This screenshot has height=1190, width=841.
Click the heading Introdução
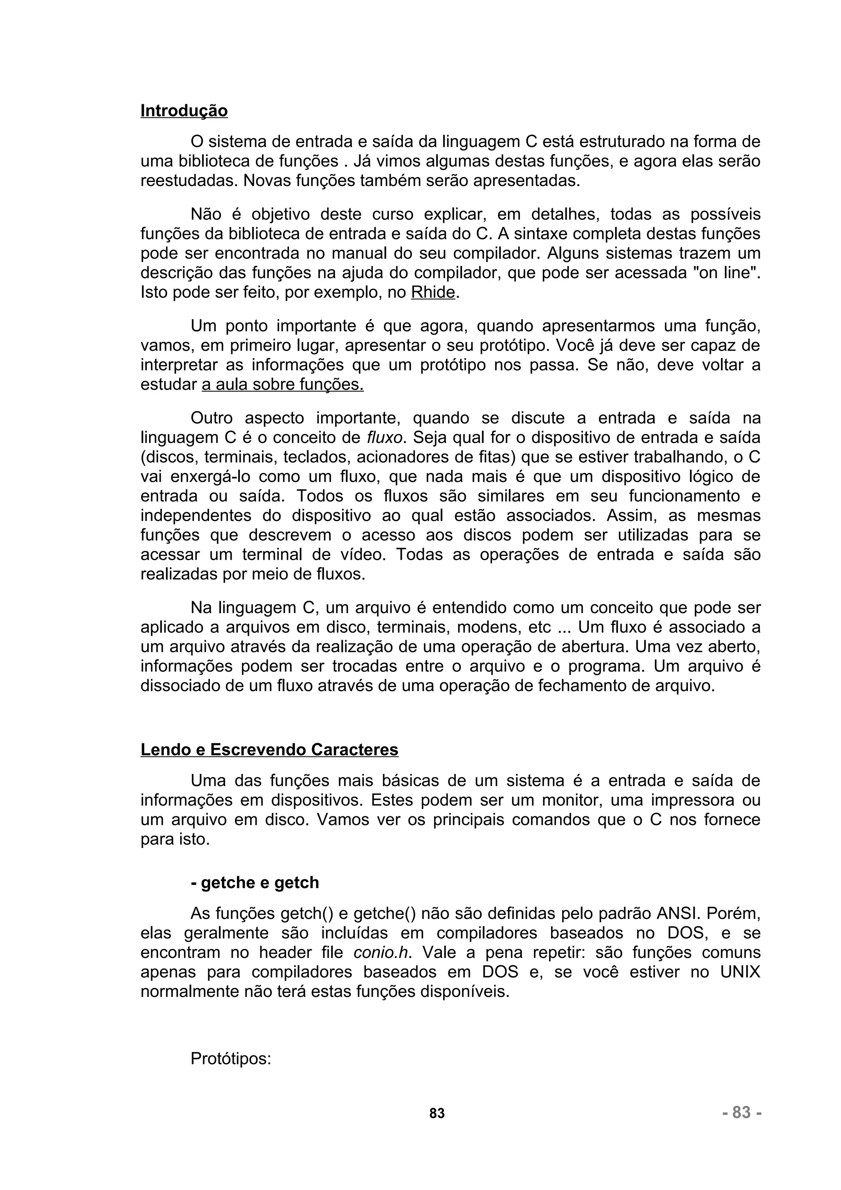(x=184, y=111)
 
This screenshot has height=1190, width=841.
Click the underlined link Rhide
(x=433, y=292)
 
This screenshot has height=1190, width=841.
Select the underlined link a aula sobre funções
(x=283, y=385)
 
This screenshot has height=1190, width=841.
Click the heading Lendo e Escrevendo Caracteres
(x=269, y=750)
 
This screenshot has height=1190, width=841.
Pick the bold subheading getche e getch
(x=255, y=883)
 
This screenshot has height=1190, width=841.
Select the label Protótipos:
(x=231, y=1059)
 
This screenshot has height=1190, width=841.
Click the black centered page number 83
(x=437, y=1113)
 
